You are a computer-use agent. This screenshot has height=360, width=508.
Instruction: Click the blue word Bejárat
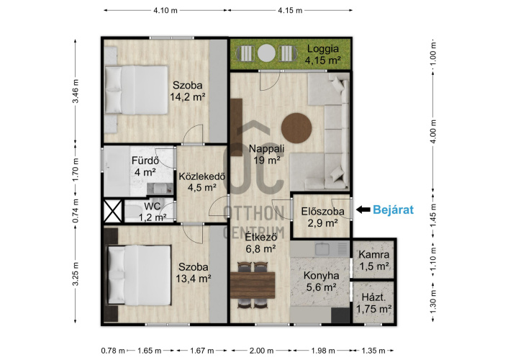pos(393,210)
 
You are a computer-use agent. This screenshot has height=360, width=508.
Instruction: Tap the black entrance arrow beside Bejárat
pos(363,210)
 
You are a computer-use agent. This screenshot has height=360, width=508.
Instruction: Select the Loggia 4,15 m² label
pos(323,54)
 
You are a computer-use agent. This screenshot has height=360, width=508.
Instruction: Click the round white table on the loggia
pos(266,53)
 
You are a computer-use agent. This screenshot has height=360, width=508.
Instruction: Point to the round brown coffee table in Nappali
pos(296,127)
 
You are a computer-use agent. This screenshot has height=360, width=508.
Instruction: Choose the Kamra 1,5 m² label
pos(374,260)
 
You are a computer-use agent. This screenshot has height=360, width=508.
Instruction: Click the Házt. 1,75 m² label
pos(374,303)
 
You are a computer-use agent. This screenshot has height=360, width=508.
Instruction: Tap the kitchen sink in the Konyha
pos(322,248)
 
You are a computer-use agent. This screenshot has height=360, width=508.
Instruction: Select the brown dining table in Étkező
pos(253,285)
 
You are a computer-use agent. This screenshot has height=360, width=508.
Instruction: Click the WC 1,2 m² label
pos(153,212)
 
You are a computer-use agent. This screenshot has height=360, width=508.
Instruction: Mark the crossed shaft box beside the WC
pos(113,211)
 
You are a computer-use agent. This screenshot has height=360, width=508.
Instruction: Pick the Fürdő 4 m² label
pos(145,166)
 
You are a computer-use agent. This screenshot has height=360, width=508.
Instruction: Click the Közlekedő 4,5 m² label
pos(202,182)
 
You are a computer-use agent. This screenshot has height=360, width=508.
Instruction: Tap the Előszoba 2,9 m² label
pos(322,217)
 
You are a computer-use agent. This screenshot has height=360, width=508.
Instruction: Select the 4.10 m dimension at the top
pos(165,10)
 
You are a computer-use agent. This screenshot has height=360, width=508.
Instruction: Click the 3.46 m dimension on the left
pos(76,91)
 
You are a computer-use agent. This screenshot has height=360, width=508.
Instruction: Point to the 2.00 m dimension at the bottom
pos(261,351)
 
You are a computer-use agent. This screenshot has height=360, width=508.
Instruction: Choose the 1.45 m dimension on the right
pos(434,215)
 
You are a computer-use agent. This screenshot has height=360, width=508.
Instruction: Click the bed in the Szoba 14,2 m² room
pos(137,90)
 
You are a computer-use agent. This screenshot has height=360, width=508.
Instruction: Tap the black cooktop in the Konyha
pos(340,315)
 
